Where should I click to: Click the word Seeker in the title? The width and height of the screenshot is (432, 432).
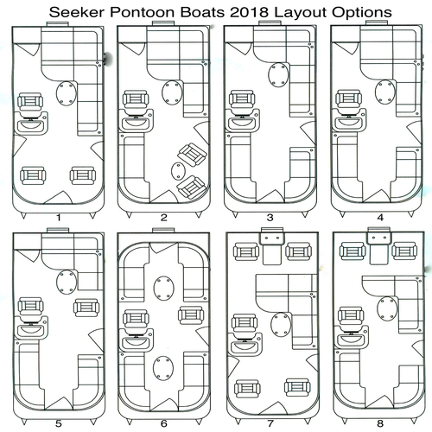pos(77,12)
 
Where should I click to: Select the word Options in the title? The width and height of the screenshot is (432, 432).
pos(361,13)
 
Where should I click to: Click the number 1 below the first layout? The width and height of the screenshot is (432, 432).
pos(59,218)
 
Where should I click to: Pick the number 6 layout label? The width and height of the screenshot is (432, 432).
pos(163,423)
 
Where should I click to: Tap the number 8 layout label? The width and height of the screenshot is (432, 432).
pos(380,423)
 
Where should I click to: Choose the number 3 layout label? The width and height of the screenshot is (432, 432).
pos(270,218)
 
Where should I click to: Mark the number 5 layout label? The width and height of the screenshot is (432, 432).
pos(59,423)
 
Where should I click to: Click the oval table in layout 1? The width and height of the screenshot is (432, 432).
pos(67,93)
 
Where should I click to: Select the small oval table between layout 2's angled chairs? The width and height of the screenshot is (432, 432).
pos(177,170)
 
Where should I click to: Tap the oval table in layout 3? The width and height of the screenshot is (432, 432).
pos(278,75)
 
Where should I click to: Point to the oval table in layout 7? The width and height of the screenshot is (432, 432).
pos(281,324)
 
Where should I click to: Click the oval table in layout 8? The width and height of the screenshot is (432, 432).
pos(386,308)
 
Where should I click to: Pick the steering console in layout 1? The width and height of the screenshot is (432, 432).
pos(31,124)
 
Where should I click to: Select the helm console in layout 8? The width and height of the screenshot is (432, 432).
pos(352,337)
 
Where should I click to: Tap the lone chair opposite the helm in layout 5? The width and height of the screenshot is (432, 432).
pos(86,308)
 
